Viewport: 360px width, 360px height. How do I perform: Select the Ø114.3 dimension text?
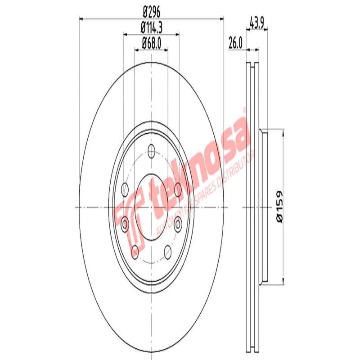pos(151,27)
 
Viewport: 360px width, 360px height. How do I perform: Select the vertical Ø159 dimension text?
pos(279,207)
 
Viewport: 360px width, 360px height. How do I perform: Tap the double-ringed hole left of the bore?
pos(125,221)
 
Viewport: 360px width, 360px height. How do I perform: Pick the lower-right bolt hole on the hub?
pos(168,251)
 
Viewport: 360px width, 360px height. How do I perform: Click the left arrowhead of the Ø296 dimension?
pos(81,18)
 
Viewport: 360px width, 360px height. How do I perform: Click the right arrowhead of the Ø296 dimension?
pos(221,18)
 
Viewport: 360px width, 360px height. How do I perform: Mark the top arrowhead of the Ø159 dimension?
pos(283,131)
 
